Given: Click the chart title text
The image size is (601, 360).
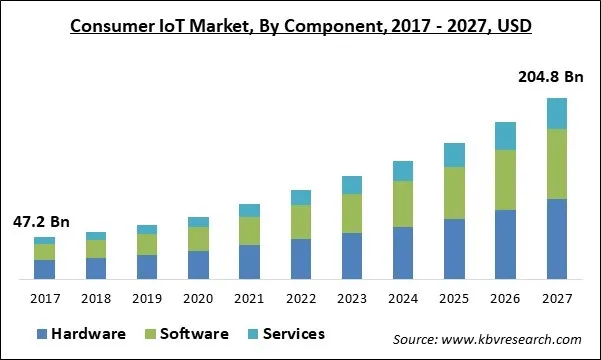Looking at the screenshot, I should [x=300, y=24].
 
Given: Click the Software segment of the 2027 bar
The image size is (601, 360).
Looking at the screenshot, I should [x=556, y=164].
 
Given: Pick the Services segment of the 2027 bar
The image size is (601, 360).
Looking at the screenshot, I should [x=556, y=114].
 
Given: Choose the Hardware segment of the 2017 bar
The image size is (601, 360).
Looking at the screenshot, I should [x=44, y=269].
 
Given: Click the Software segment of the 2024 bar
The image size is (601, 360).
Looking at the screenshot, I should [x=403, y=204].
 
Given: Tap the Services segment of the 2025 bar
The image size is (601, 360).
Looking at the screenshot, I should [x=454, y=155].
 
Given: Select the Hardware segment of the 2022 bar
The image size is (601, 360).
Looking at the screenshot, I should [x=301, y=258].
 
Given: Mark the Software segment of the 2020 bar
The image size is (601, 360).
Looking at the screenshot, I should [x=198, y=239].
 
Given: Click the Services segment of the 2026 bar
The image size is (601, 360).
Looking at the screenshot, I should [x=505, y=136].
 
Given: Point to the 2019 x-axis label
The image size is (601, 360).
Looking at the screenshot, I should [x=147, y=298].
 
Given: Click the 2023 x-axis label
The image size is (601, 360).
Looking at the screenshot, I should [x=352, y=298].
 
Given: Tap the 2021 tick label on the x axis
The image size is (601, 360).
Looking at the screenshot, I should [x=249, y=298].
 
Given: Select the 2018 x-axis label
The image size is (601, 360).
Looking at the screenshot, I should [x=96, y=298].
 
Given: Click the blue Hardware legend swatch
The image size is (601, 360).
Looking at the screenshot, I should [x=43, y=334].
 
